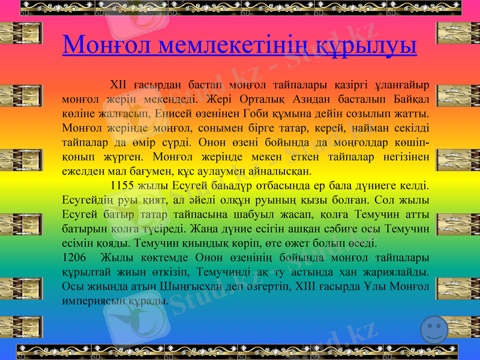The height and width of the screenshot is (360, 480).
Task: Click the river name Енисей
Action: coord(175,112)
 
